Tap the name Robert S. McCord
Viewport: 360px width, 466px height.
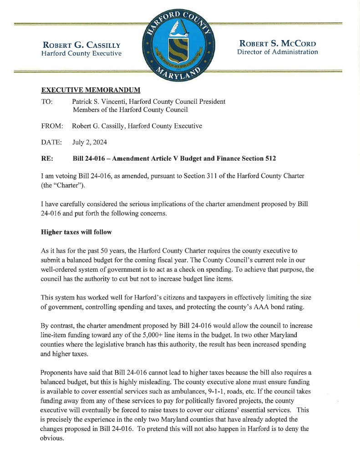point(278,44)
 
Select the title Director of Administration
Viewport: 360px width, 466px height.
point(278,52)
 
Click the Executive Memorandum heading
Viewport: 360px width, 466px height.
point(91,90)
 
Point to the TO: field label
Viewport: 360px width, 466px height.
point(47,101)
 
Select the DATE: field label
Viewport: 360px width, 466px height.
point(51,142)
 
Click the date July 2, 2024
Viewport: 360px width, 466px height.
point(90,142)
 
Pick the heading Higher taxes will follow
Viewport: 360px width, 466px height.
point(76,232)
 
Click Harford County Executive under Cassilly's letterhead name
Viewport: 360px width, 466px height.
point(81,53)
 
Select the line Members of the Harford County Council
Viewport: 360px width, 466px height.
point(130,110)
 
